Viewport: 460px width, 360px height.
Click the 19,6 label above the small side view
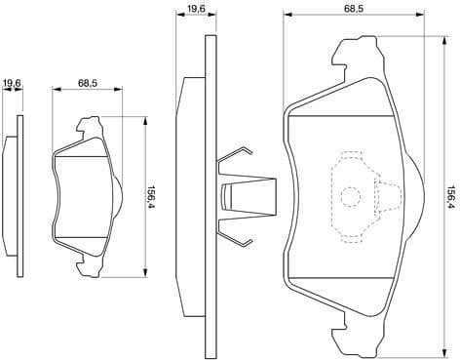click(x=12, y=82)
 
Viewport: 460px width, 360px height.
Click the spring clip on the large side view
click(x=240, y=195)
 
